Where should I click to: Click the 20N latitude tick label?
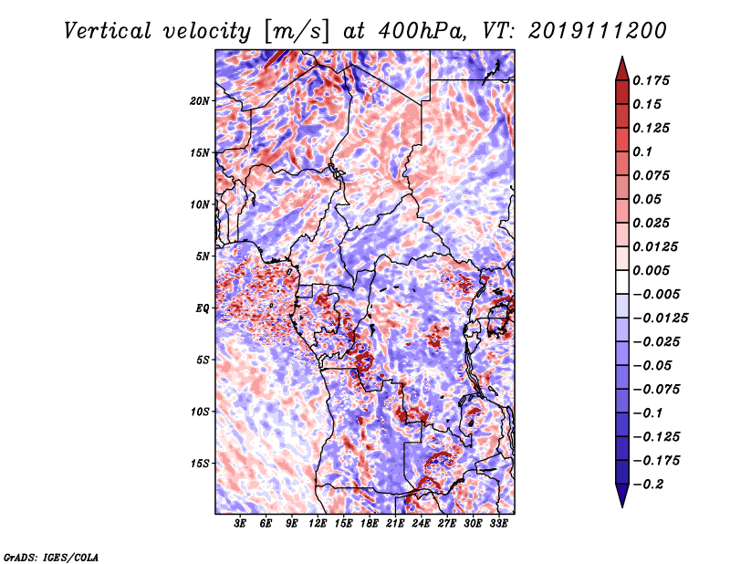pyautogui.click(x=200, y=100)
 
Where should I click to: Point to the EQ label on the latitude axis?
pyautogui.click(x=203, y=308)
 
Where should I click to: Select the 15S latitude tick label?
pyautogui.click(x=200, y=464)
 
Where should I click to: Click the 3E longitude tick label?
pyautogui.click(x=241, y=524)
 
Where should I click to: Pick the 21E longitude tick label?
pyautogui.click(x=396, y=524)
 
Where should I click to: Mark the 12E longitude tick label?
pyautogui.click(x=318, y=524)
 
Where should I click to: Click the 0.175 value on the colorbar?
pyautogui.click(x=654, y=80)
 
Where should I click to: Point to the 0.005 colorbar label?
pyautogui.click(x=654, y=270)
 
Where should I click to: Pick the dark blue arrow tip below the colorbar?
pyautogui.click(x=621, y=500)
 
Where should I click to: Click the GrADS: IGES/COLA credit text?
pyautogui.click(x=51, y=556)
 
